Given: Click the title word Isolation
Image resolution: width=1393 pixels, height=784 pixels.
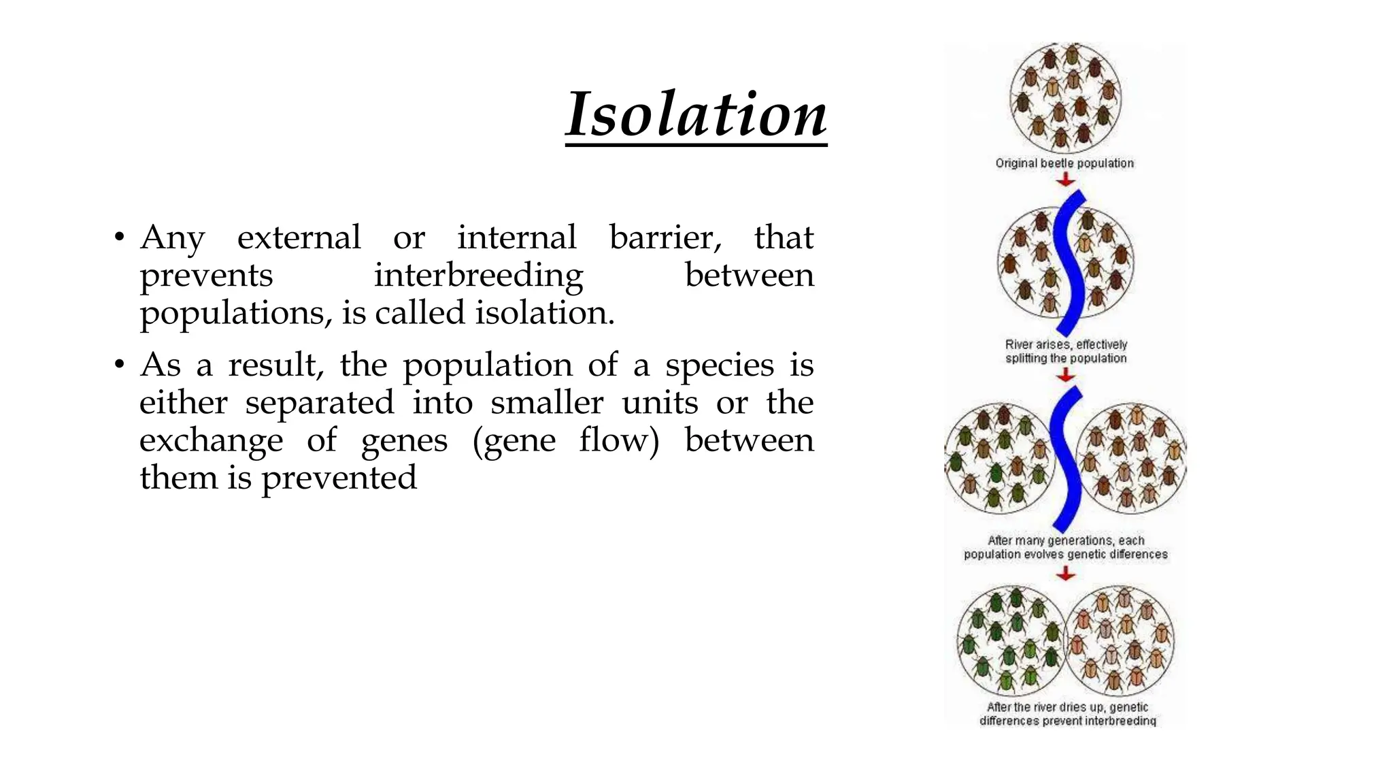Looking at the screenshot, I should [696, 114].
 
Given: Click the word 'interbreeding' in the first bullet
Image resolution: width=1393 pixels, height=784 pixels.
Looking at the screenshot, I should [478, 275].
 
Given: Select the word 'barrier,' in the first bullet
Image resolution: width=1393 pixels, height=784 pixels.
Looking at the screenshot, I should [665, 238].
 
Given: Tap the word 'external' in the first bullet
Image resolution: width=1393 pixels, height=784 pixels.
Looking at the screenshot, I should [299, 238].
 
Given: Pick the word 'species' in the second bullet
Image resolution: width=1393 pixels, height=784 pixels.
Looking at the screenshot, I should [719, 365].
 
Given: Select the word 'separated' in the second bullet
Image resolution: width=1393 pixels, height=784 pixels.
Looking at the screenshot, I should [320, 402].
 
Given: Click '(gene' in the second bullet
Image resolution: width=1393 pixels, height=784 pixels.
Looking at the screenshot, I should [514, 440].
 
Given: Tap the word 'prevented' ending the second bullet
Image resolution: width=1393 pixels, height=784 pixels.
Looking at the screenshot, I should [339, 478].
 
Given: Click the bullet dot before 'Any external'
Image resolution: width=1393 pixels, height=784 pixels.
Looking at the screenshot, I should [119, 238].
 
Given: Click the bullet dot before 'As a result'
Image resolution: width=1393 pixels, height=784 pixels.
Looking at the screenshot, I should [119, 365].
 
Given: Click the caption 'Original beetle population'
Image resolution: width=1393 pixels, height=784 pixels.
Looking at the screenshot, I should [1064, 163].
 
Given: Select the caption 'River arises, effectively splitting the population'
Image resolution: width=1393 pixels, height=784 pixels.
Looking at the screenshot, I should [1066, 351].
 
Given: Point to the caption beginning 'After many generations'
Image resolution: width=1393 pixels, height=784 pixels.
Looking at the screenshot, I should [1065, 547].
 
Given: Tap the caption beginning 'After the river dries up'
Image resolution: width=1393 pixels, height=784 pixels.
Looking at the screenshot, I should [1067, 714].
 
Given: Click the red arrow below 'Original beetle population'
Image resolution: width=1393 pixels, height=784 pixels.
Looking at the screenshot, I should [1066, 180].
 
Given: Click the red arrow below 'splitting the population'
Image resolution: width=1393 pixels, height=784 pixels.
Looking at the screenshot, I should [1066, 375].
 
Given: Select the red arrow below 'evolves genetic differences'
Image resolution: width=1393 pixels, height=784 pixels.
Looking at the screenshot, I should [1065, 574].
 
